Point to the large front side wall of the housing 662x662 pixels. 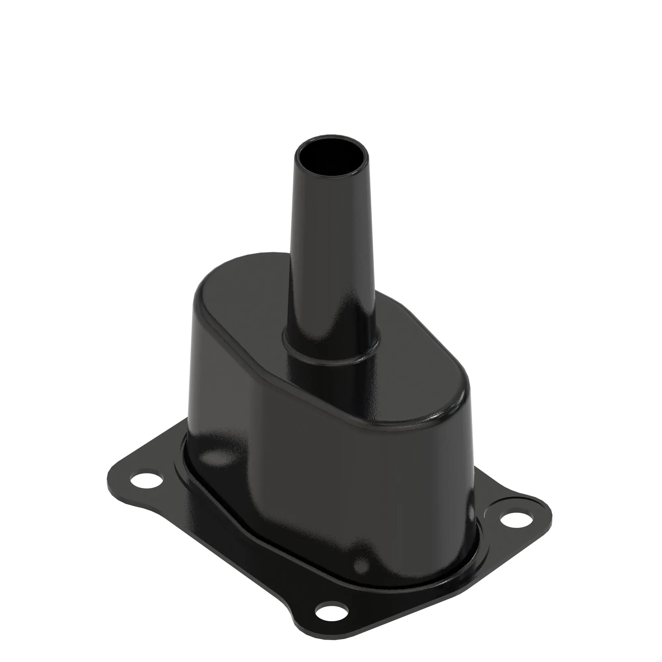click(x=343, y=480)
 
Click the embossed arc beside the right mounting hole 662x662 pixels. click(x=494, y=510)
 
